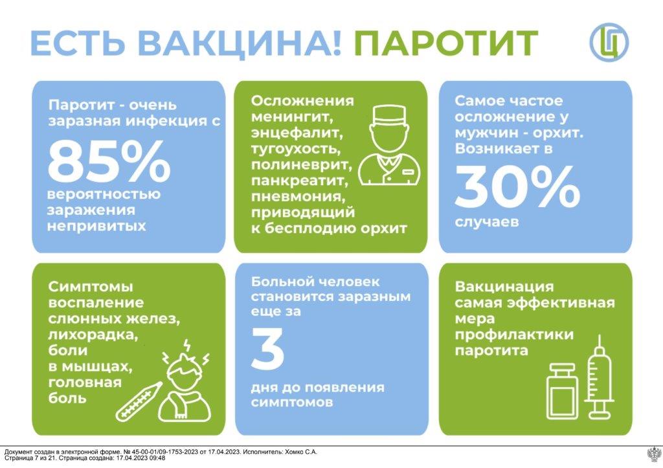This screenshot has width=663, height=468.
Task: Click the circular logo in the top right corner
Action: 609,42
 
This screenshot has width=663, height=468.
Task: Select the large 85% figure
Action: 109,161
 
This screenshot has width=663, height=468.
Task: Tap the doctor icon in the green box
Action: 389,145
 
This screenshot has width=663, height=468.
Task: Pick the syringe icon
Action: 600,376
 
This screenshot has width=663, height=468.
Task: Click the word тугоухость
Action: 295,149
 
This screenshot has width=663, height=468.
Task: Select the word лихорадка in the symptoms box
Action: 93,335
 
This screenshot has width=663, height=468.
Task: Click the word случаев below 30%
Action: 487,222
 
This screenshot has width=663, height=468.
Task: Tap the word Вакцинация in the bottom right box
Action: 504,287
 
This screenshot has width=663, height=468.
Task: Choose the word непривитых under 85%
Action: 96,226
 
